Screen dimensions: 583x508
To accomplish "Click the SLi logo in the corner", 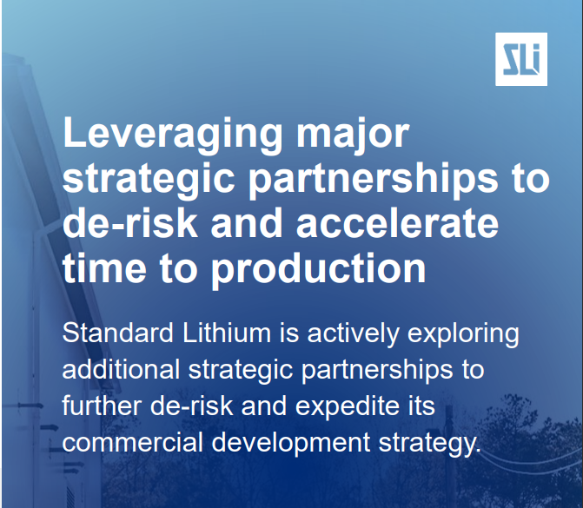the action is [x=521, y=59].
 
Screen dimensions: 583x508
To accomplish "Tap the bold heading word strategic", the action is [x=149, y=179].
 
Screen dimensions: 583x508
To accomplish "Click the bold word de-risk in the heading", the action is [x=129, y=223].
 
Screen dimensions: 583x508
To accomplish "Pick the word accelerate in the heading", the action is [x=397, y=223].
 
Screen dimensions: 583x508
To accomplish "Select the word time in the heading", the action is [x=104, y=268].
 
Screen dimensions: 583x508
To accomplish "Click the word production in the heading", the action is [x=319, y=269].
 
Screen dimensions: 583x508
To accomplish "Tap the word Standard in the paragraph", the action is [x=118, y=333].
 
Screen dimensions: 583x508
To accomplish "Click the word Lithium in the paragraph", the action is [x=227, y=333].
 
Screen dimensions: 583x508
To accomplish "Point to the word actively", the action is [x=354, y=333].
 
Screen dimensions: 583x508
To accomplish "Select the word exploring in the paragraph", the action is [x=463, y=334].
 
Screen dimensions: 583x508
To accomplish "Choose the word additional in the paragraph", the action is [x=122, y=369].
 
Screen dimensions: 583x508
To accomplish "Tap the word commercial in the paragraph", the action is [x=132, y=442].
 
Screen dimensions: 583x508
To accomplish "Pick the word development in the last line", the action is [x=291, y=444].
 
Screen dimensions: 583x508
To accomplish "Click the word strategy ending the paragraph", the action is [x=430, y=444].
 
